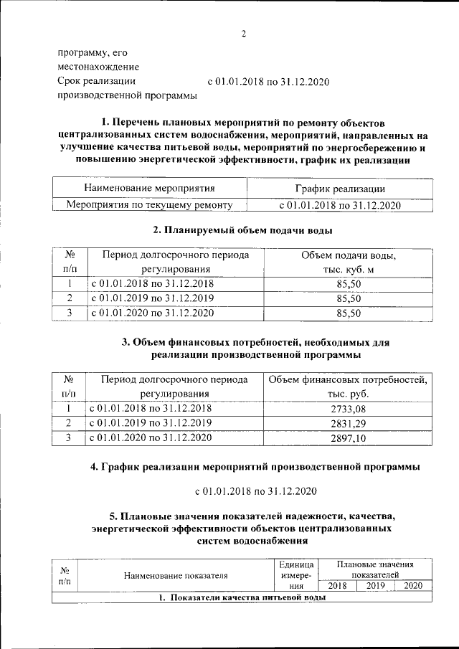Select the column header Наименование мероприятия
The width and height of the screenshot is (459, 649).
tap(150, 189)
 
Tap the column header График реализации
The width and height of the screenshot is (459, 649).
tap(339, 189)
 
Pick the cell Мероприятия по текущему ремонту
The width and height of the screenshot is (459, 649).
tap(150, 205)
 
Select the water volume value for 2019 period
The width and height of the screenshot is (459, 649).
tap(347, 298)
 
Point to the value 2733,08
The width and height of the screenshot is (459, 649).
tap(347, 408)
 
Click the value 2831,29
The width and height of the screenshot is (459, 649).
tap(347, 422)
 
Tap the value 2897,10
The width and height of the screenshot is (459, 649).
tap(347, 437)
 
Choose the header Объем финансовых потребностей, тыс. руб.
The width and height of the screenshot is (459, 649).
tap(347, 386)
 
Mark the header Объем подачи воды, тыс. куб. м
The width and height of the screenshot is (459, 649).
tap(347, 262)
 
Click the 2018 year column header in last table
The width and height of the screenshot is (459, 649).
tap(337, 586)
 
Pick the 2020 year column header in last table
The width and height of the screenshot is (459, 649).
tap(413, 586)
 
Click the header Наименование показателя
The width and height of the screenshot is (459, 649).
tap(176, 575)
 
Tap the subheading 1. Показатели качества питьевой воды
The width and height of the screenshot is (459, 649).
tap(242, 597)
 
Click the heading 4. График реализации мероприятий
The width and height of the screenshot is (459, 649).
tap(255, 467)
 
